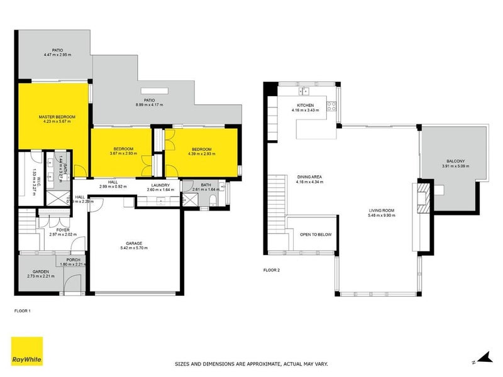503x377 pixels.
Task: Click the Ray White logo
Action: [26, 351]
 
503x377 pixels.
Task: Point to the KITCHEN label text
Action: [305, 106]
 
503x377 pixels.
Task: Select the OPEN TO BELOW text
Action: [316, 234]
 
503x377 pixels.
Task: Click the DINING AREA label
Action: [310, 177]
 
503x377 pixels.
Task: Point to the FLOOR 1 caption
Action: [22, 310]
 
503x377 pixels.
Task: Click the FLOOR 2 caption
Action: [271, 271]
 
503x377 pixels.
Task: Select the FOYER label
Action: [63, 230]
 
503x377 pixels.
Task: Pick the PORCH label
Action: [73, 260]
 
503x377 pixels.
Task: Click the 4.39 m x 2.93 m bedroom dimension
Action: [201, 153]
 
